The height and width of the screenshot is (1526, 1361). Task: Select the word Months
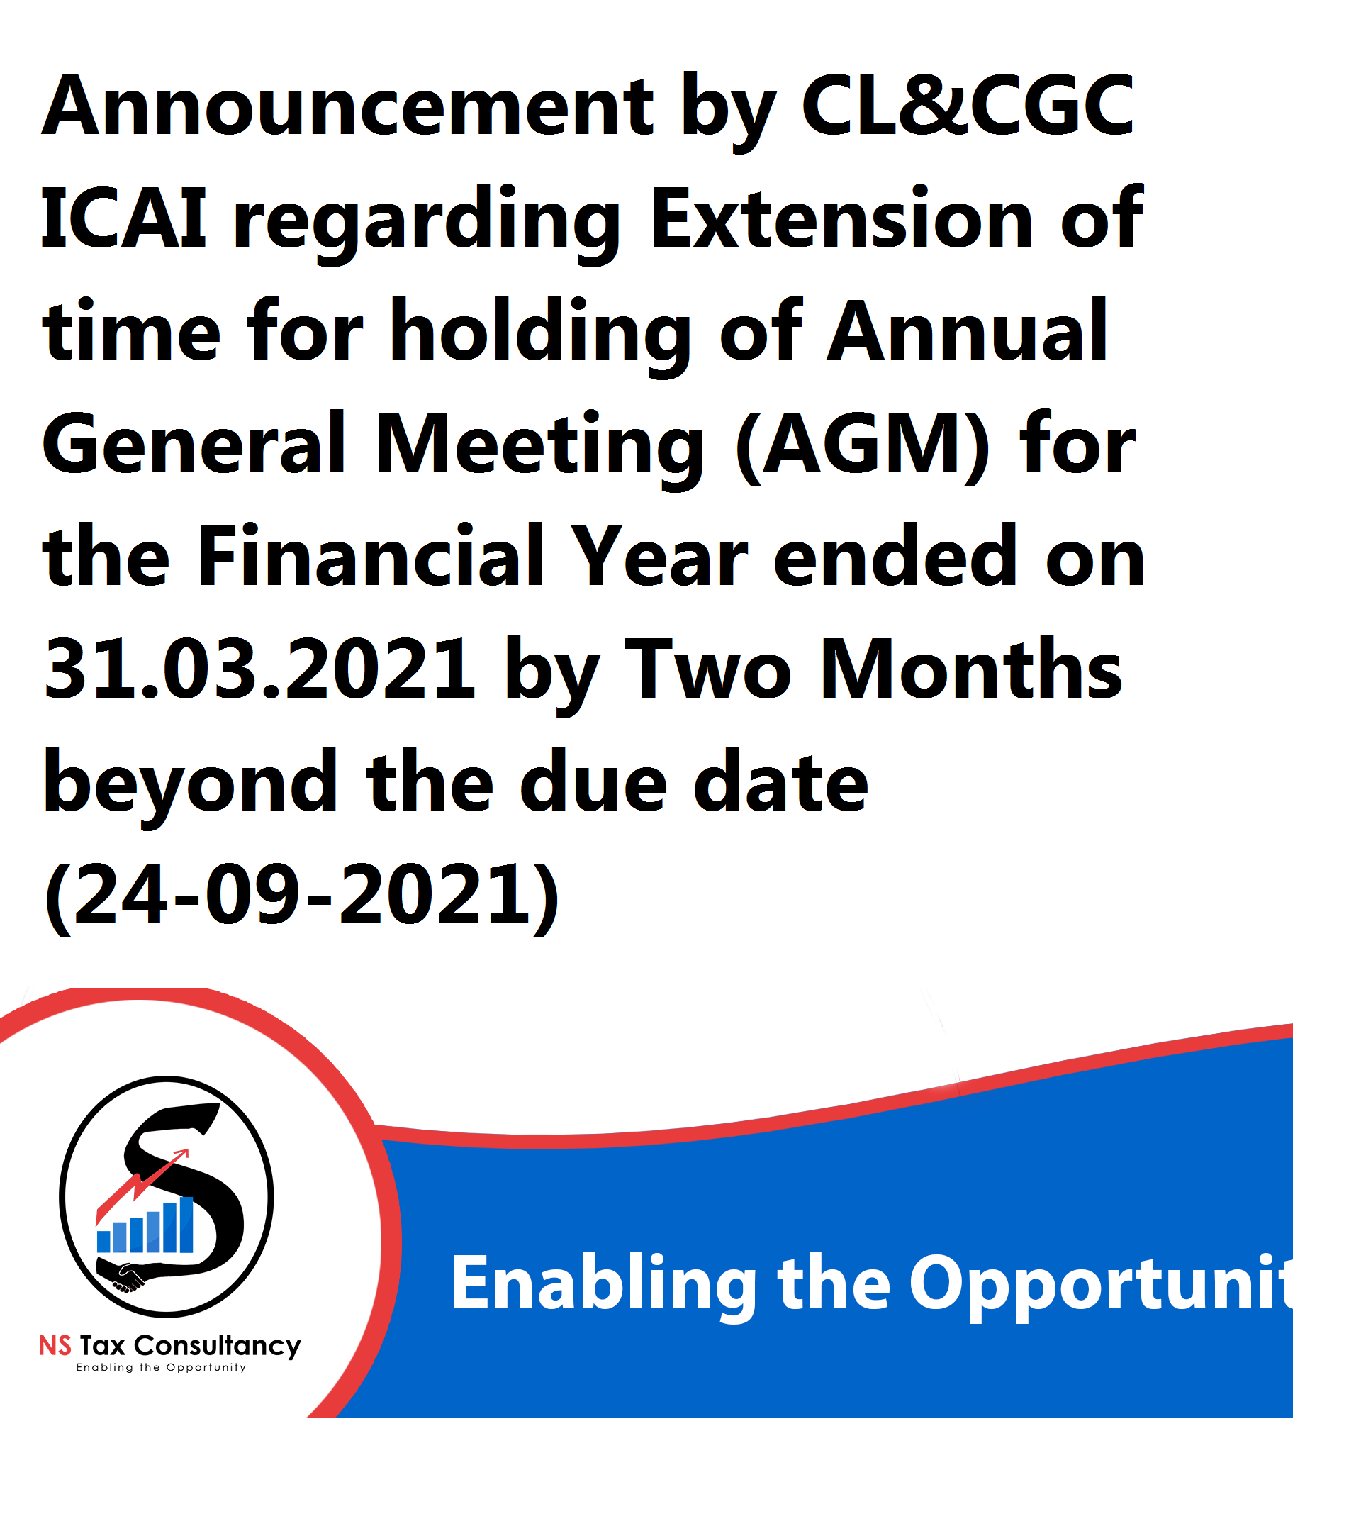pyautogui.click(x=971, y=669)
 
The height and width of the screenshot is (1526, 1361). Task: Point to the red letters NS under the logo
pyautogui.click(x=55, y=1346)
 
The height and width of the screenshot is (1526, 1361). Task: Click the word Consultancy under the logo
pyautogui.click(x=218, y=1347)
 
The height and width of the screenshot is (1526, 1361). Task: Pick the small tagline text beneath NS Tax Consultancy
pyautogui.click(x=162, y=1368)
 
